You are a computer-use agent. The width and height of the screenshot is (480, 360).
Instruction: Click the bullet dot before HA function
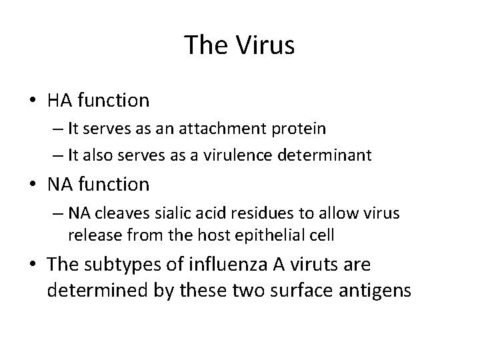(33, 101)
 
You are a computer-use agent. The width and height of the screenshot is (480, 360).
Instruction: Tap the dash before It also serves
(57, 156)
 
